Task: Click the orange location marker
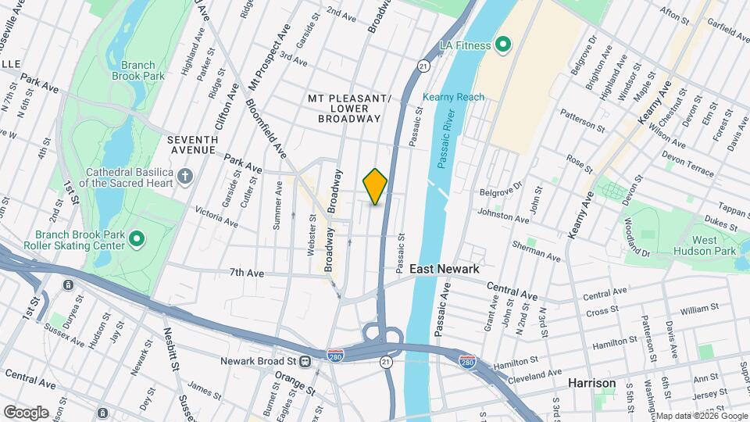click(x=375, y=186)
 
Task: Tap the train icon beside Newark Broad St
click(x=307, y=362)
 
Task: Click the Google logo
click(x=26, y=413)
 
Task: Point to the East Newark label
click(x=444, y=268)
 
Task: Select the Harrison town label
click(x=591, y=384)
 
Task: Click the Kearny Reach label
click(x=453, y=97)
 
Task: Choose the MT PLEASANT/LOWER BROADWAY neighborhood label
click(x=348, y=108)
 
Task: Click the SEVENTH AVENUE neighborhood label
click(x=192, y=144)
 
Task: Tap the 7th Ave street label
click(x=247, y=273)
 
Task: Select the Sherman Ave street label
click(x=536, y=251)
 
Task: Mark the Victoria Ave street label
click(x=216, y=216)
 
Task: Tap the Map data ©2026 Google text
click(x=701, y=416)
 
